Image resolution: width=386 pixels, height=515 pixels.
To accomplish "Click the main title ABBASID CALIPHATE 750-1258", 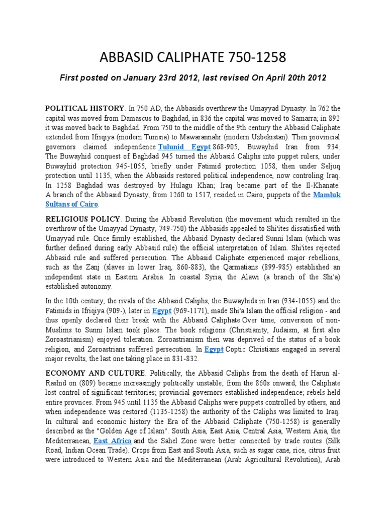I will (193, 57).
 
